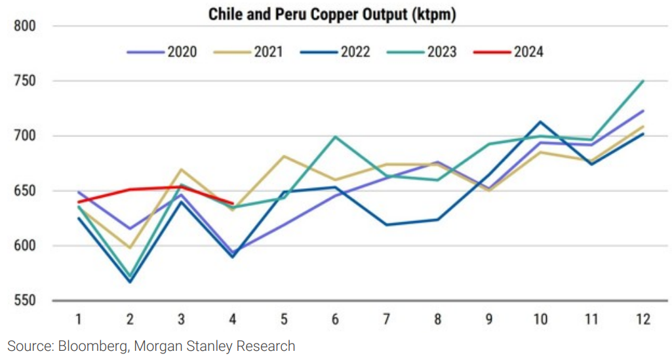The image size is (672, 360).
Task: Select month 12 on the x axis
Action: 643,319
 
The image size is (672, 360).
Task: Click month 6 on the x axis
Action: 335,319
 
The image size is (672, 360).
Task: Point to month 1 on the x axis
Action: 79,319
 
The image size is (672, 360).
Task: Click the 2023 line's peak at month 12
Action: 643,81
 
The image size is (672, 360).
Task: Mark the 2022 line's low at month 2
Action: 130,282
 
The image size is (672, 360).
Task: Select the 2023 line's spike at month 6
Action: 335,136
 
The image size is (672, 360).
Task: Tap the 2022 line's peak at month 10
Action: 540,121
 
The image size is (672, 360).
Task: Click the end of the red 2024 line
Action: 233,203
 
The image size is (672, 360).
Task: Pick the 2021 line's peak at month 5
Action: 284,156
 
